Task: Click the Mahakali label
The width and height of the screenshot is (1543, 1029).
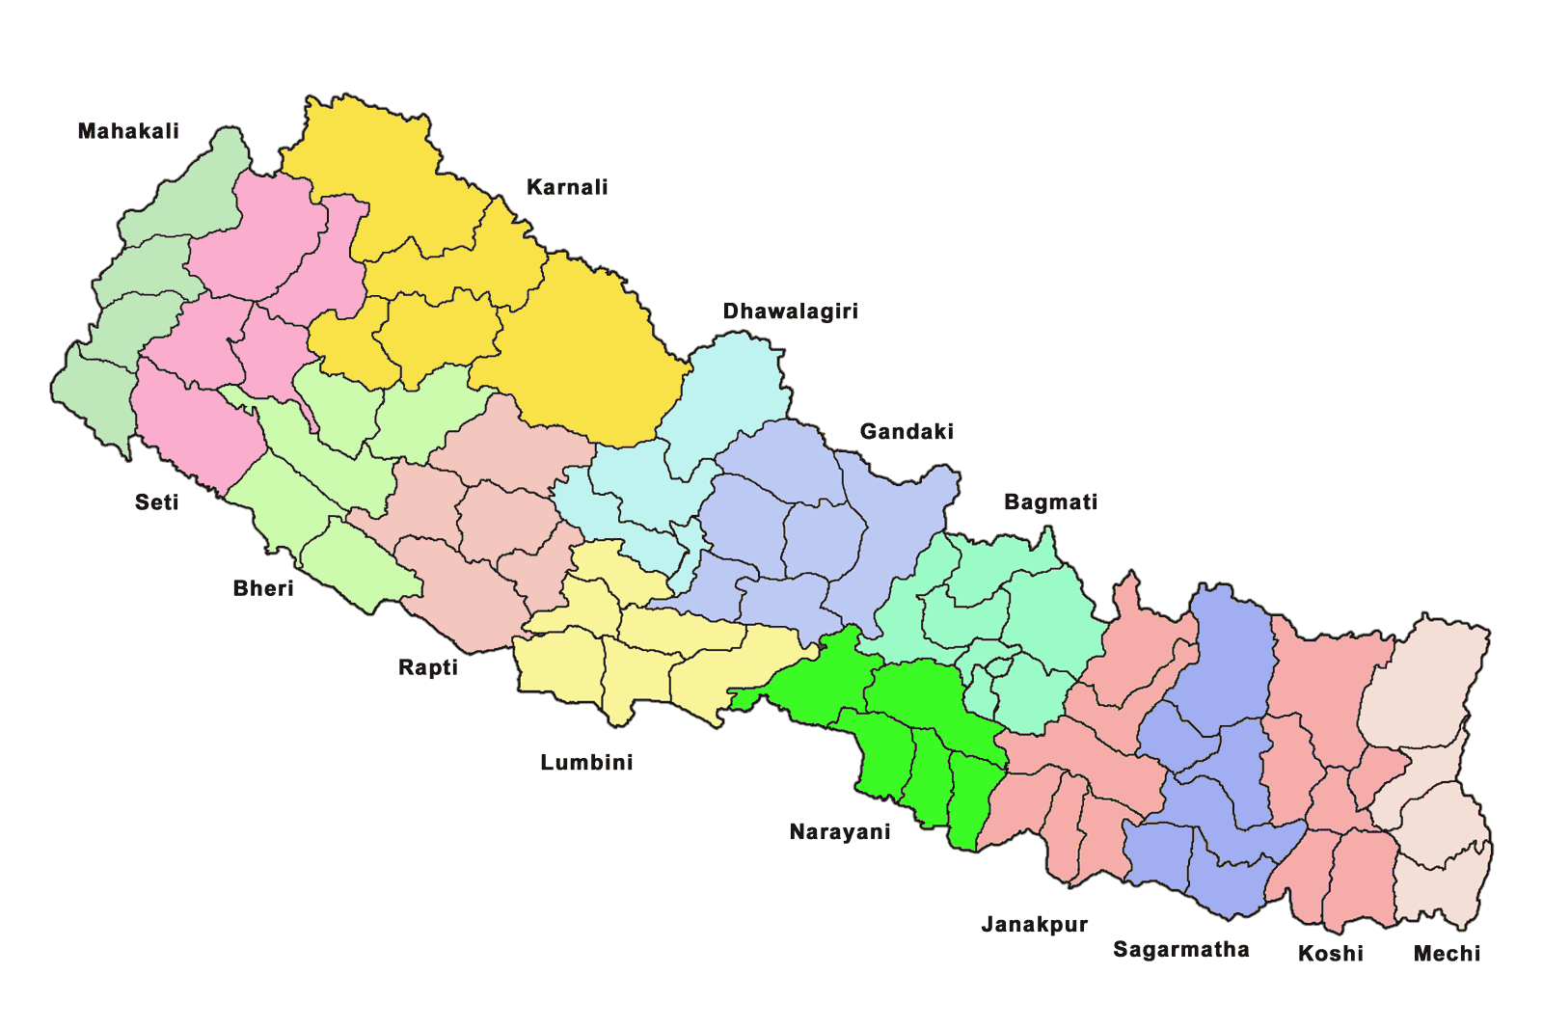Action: click(x=128, y=131)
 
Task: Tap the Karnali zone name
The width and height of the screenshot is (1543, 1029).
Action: click(x=567, y=187)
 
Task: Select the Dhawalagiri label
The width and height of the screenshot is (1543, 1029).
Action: click(x=790, y=311)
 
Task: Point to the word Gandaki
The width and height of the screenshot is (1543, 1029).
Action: click(x=907, y=431)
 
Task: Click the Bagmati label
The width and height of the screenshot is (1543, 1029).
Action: click(x=1050, y=502)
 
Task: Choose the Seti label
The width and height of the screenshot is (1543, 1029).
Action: click(x=157, y=502)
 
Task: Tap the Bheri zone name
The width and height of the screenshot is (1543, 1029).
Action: click(x=263, y=588)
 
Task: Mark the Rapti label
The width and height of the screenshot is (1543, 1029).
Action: click(x=428, y=667)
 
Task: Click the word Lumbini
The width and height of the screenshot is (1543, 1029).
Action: click(x=586, y=763)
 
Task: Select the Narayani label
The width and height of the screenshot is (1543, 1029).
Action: click(x=840, y=832)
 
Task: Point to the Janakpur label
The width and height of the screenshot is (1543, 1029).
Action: click(x=1035, y=925)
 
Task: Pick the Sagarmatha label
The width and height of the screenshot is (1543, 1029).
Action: click(x=1181, y=950)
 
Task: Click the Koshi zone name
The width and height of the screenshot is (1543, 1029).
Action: click(x=1331, y=954)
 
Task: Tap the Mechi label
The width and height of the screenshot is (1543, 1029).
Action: click(x=1447, y=954)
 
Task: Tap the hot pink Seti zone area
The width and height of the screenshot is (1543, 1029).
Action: click(x=260, y=241)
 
